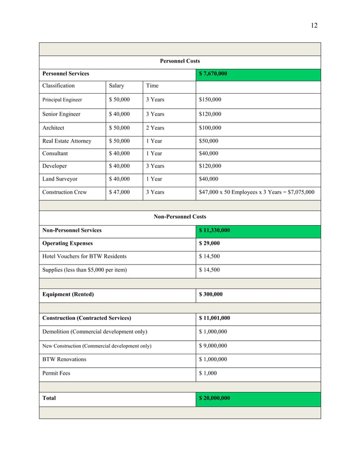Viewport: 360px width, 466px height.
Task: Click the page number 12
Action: pyautogui.click(x=314, y=25)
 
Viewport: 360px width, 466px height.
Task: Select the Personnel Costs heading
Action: pyautogui.click(x=179, y=61)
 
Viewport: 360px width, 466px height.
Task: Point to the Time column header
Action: pyautogui.click(x=152, y=86)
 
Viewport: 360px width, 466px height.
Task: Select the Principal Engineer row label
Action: pyautogui.click(x=62, y=100)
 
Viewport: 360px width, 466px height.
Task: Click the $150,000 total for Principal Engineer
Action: pyautogui.click(x=210, y=100)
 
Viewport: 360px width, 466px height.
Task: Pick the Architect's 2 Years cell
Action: pyautogui.click(x=155, y=128)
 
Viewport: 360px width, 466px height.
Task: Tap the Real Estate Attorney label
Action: pyautogui.click(x=67, y=141)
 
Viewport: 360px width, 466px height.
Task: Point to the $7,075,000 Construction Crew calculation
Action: pyautogui.click(x=257, y=192)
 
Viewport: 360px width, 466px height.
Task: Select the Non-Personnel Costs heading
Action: pyautogui.click(x=179, y=217)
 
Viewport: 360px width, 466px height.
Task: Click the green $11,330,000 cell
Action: pyautogui.click(x=214, y=230)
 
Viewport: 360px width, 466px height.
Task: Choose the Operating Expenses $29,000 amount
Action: pyautogui.click(x=209, y=244)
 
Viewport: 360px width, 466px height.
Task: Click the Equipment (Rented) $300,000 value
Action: pyautogui.click(x=211, y=294)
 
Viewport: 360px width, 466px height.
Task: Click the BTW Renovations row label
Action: pyautogui.click(x=64, y=359)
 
